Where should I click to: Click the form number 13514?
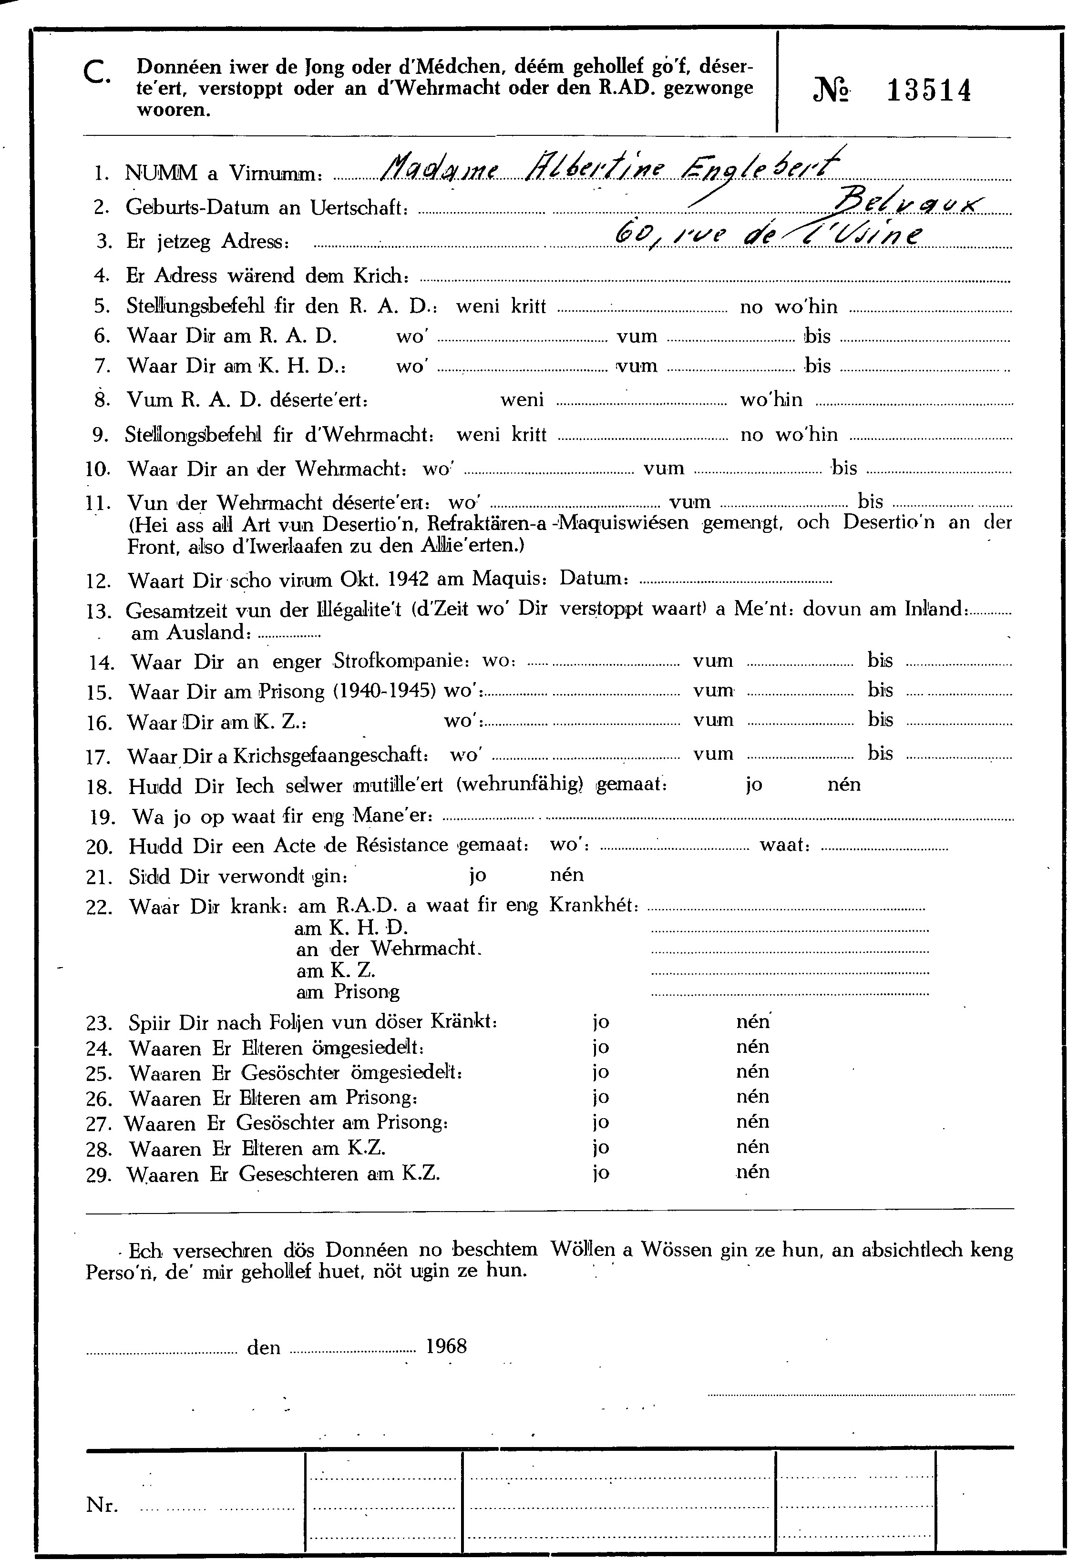(x=929, y=91)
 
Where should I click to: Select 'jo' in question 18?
(x=754, y=784)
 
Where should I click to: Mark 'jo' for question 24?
(x=601, y=1047)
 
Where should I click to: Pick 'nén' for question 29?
(x=752, y=1172)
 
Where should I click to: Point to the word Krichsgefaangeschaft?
(x=330, y=755)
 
